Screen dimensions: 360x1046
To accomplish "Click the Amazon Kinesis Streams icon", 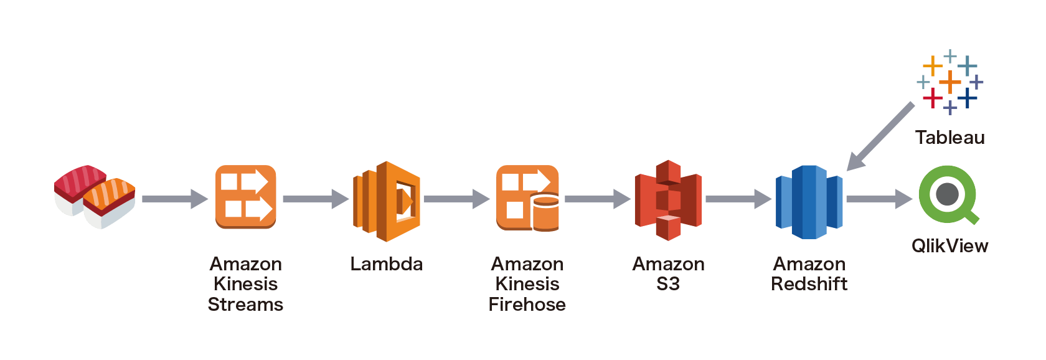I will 245,197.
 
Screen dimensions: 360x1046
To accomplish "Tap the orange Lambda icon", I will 387,201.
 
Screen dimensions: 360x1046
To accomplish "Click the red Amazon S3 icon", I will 668,200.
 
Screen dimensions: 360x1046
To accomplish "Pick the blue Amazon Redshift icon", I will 809,201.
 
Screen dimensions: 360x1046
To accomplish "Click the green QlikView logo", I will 948,194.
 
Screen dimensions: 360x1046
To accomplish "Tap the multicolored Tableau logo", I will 949,82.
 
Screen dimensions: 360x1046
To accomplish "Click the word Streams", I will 245,305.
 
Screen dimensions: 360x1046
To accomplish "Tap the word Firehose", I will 527,305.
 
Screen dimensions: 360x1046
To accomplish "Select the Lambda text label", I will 386,264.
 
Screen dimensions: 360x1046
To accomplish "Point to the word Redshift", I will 809,284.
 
